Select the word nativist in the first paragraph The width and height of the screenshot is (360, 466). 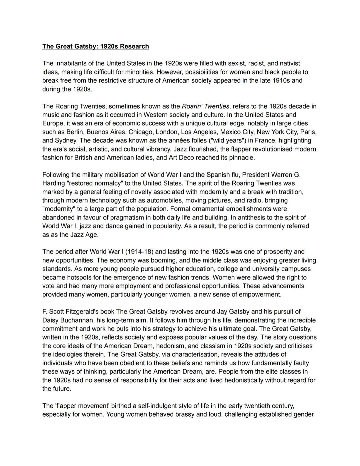point(290,63)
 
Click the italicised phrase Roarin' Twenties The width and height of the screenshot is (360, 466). point(205,106)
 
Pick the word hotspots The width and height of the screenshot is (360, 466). point(75,278)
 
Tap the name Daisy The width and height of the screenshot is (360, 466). point(50,320)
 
